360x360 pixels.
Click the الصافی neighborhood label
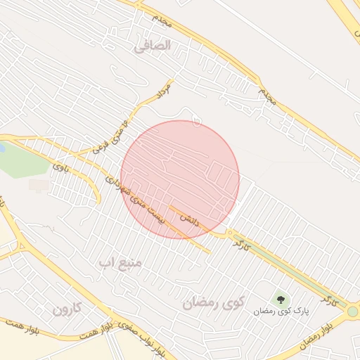(153, 46)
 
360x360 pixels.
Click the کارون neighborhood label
(67, 308)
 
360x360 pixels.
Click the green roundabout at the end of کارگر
(352, 311)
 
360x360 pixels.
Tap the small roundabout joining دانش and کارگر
(229, 233)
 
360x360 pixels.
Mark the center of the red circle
(180, 179)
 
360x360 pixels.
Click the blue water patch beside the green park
(1, 148)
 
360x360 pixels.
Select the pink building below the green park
(39, 185)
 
